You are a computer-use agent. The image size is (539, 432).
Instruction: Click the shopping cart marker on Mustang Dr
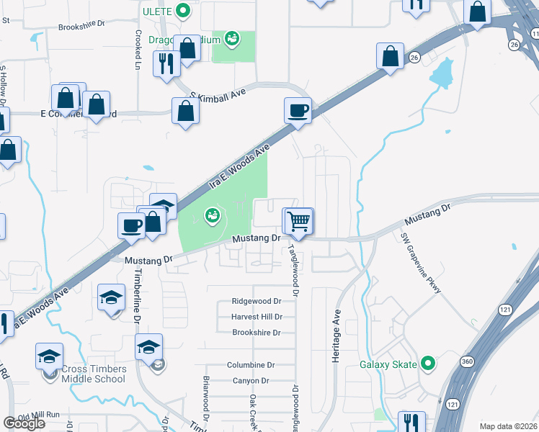[x=298, y=221]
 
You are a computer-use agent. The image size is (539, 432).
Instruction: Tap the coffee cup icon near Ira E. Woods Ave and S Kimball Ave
[x=298, y=111]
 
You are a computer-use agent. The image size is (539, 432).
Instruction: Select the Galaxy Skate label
[x=388, y=364]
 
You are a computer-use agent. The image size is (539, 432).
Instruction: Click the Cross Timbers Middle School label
[x=94, y=374]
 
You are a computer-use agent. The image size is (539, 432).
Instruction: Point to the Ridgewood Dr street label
[x=256, y=301]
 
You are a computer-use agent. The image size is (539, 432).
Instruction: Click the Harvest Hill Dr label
[x=256, y=317]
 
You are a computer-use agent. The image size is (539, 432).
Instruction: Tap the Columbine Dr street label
[x=251, y=365]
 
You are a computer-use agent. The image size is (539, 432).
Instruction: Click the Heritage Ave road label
[x=336, y=336]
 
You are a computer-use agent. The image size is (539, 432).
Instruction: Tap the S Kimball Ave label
[x=218, y=94]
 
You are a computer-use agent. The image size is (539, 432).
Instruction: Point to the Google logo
[x=24, y=423]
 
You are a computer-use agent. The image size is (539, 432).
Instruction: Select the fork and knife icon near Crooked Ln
[x=166, y=63]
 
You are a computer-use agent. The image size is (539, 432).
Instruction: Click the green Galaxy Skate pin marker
[x=428, y=363]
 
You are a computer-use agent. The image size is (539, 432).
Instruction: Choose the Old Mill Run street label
[x=44, y=416]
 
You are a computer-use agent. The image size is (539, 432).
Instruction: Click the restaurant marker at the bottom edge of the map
[x=412, y=423]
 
